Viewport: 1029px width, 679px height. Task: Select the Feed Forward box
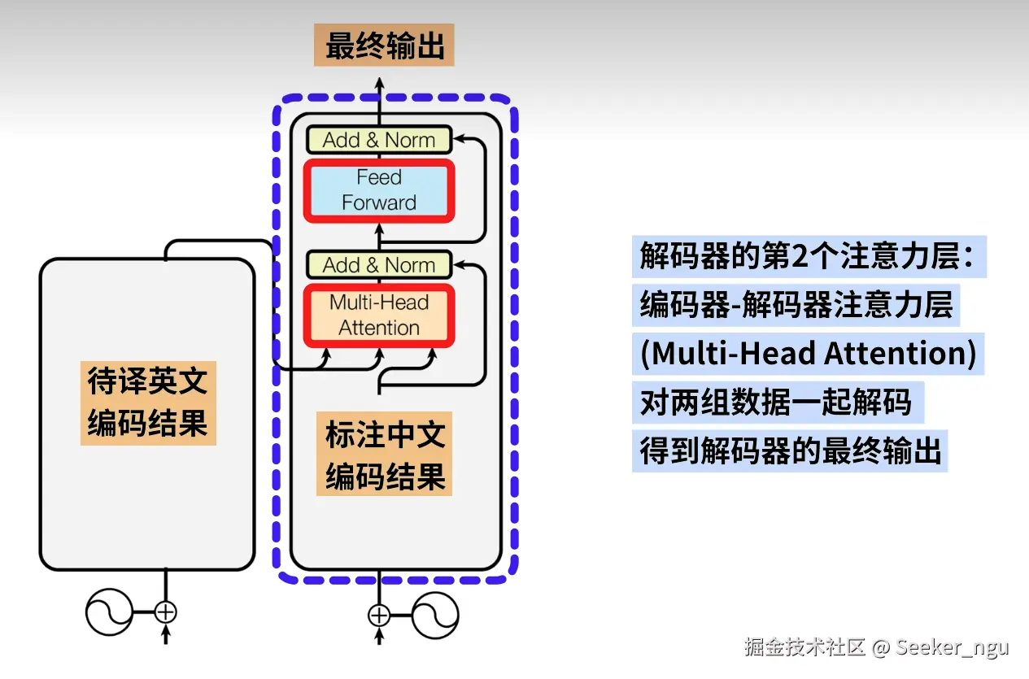click(x=378, y=190)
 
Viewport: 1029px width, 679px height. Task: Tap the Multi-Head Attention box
click(x=378, y=316)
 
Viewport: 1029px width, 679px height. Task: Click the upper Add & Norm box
click(x=378, y=140)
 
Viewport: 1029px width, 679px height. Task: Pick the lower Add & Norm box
click(x=378, y=265)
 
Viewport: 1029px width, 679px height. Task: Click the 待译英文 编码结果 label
click(x=148, y=403)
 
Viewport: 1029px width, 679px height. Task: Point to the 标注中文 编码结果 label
click(x=385, y=455)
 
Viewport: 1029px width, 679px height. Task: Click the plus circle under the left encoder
click(x=166, y=612)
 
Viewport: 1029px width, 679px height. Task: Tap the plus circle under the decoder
click(x=380, y=616)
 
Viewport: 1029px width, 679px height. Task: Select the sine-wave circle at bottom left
click(x=109, y=612)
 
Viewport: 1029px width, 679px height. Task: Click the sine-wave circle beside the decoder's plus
click(x=435, y=616)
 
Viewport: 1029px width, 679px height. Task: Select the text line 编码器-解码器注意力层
click(x=796, y=305)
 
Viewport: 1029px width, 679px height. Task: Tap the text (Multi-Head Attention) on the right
click(x=808, y=354)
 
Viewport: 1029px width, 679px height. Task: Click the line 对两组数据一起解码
click(x=776, y=402)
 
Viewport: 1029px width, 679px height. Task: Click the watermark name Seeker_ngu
click(x=953, y=647)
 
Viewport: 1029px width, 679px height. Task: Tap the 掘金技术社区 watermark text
click(x=805, y=647)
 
